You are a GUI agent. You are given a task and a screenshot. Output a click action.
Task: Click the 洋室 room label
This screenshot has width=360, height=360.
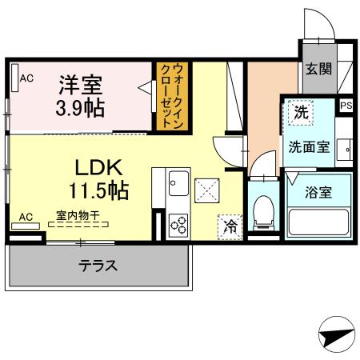[78, 82]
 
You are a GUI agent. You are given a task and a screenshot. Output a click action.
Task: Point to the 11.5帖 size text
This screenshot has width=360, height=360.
[98, 192]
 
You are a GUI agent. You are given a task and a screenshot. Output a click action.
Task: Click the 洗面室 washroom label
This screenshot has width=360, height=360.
[308, 146]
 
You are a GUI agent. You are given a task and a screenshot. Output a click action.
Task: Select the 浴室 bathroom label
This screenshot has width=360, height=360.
[318, 192]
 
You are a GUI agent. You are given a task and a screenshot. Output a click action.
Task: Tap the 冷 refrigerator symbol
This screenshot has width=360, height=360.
[230, 226]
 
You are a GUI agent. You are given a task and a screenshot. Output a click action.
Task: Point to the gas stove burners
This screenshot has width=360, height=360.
[178, 225]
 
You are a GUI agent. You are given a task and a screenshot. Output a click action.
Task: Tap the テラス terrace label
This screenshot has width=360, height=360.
[98, 266]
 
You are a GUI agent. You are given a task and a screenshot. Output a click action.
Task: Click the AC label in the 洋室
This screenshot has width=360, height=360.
[26, 78]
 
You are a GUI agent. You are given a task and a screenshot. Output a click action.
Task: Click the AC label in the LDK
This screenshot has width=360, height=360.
[26, 216]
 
